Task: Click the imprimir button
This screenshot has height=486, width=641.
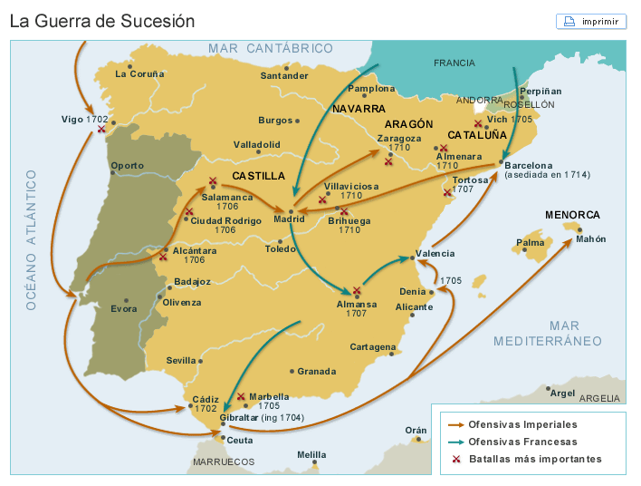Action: (x=591, y=21)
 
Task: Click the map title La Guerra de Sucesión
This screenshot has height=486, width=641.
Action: (x=101, y=21)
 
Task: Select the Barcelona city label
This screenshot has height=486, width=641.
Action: (x=528, y=165)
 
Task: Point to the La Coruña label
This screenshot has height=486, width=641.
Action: (x=140, y=73)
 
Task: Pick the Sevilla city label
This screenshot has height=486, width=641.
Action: (x=181, y=360)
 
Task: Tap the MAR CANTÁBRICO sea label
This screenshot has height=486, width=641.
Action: (x=270, y=48)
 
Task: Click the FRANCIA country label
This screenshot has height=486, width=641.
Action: (x=454, y=63)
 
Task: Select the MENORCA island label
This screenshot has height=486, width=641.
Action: (x=572, y=215)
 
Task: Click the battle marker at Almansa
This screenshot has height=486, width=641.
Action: (x=357, y=291)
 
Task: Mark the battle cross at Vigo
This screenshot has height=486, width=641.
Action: (x=100, y=130)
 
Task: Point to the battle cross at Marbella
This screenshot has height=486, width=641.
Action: (x=241, y=396)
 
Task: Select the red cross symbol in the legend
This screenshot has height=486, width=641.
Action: (x=455, y=459)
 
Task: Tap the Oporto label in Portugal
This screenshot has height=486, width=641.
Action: (x=127, y=165)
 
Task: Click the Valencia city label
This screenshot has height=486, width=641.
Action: (x=435, y=254)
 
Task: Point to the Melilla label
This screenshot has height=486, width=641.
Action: (x=311, y=454)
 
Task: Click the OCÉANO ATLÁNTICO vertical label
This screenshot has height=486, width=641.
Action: (x=31, y=239)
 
